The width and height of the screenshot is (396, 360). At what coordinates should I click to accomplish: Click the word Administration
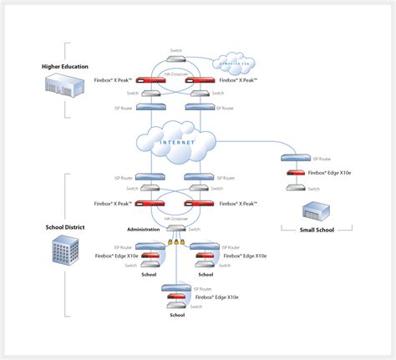(x=143, y=228)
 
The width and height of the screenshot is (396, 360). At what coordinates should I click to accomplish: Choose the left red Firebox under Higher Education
(x=151, y=81)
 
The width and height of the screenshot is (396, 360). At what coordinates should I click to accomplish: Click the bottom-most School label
(x=176, y=315)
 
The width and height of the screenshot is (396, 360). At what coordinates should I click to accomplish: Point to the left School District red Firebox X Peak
(x=151, y=204)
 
